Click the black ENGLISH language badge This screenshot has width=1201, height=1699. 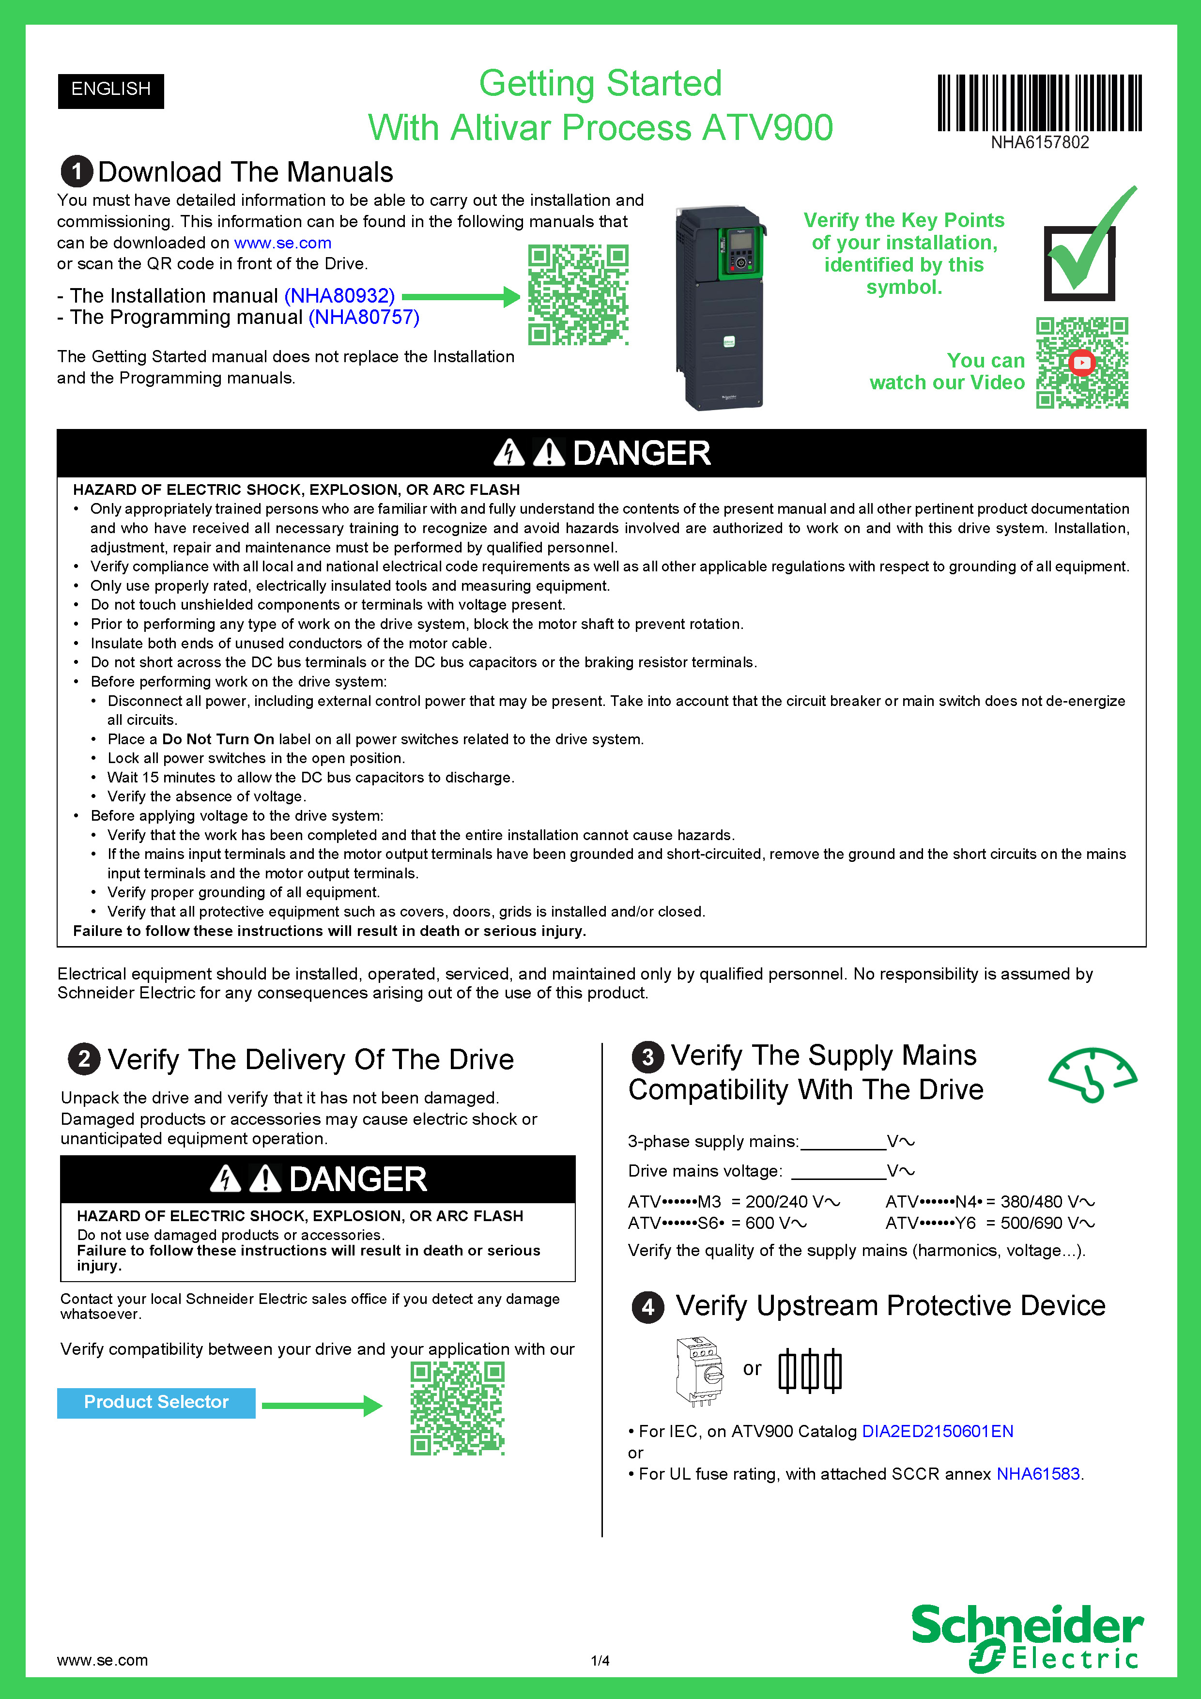[x=111, y=90]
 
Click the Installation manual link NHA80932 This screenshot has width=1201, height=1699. [x=339, y=296]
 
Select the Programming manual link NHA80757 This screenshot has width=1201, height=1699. [x=364, y=318]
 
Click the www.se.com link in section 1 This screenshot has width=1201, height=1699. [x=283, y=243]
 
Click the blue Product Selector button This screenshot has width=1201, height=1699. [x=156, y=1402]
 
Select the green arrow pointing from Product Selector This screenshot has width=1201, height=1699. [x=322, y=1405]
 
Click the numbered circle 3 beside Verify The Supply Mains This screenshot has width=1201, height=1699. [x=647, y=1056]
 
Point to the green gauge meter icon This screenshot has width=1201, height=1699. [x=1092, y=1074]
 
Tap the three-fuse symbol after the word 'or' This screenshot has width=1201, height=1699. [x=810, y=1370]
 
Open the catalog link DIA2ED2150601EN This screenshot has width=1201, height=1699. [x=938, y=1431]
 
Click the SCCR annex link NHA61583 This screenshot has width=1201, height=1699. [x=1037, y=1474]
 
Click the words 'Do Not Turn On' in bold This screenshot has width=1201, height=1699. [x=218, y=739]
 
